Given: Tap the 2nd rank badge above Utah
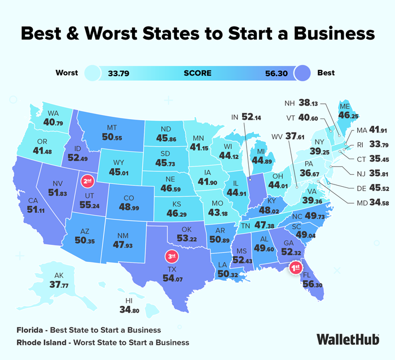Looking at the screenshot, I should (x=87, y=181).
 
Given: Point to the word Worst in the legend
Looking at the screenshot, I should (x=67, y=73).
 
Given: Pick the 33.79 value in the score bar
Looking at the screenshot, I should (x=118, y=73).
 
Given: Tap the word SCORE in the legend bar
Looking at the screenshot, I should (x=197, y=73).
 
